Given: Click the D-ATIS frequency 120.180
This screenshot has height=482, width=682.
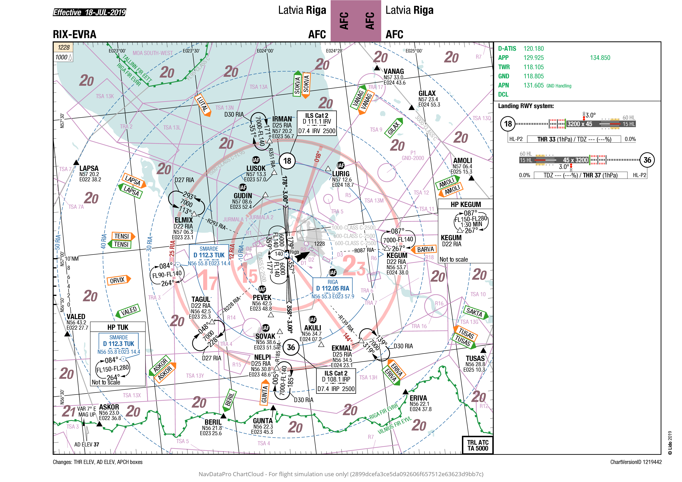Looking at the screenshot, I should click(533, 49).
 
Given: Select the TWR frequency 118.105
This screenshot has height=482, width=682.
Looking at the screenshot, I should click(533, 67).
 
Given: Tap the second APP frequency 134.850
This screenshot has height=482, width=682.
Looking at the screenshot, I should click(600, 58).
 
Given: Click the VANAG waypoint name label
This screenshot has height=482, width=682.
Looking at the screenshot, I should click(393, 71).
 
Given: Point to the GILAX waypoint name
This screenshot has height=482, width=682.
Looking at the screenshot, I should click(427, 93).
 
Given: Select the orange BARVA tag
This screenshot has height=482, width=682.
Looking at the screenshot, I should click(425, 250).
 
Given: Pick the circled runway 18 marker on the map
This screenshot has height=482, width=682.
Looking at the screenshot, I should click(287, 161).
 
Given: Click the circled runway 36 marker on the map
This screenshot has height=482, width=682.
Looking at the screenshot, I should click(291, 348).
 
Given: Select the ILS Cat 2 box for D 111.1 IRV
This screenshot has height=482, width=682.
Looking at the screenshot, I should click(317, 123).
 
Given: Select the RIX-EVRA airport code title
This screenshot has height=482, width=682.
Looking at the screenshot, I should click(74, 34).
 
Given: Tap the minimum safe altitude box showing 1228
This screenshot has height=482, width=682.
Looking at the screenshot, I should click(63, 47).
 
